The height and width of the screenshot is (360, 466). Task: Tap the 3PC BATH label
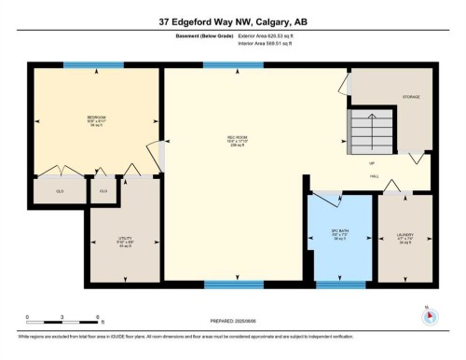point(339,234)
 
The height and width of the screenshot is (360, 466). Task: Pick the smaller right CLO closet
point(103,191)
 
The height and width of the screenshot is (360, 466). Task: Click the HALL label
point(374,174)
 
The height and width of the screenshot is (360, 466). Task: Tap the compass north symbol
point(429,315)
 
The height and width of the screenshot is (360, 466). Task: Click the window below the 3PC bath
point(340,284)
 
